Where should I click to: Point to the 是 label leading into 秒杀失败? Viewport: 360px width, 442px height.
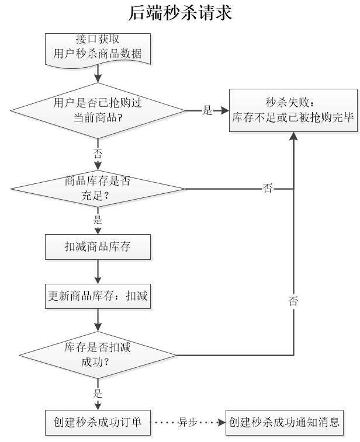(x=207, y=110)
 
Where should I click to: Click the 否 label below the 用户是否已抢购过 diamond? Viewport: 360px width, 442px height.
(x=98, y=153)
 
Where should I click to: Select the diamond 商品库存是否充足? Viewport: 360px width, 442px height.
(x=98, y=188)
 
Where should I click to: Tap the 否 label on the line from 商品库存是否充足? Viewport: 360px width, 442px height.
(x=268, y=188)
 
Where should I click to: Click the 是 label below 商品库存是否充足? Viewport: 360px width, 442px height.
(x=98, y=221)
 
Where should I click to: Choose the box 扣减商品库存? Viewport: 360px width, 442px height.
(x=98, y=247)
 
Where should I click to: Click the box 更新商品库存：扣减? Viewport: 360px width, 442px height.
(x=98, y=297)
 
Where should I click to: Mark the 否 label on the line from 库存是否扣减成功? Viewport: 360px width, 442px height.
(x=293, y=301)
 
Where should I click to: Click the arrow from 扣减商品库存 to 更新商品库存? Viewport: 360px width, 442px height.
(x=98, y=272)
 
